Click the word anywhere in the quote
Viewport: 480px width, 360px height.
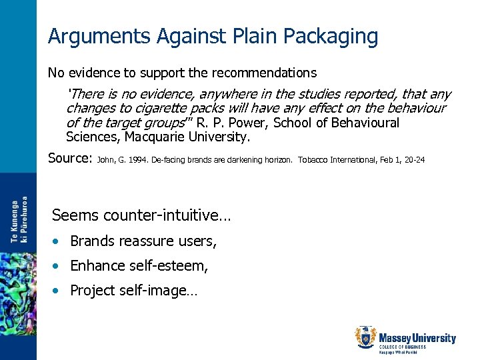click(231, 95)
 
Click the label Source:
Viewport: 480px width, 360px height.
click(70, 159)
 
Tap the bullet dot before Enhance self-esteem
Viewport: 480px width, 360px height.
click(59, 266)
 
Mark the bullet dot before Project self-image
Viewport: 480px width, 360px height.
click(59, 291)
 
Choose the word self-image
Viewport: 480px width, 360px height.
click(154, 291)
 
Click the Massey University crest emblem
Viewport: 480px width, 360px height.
click(366, 338)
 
